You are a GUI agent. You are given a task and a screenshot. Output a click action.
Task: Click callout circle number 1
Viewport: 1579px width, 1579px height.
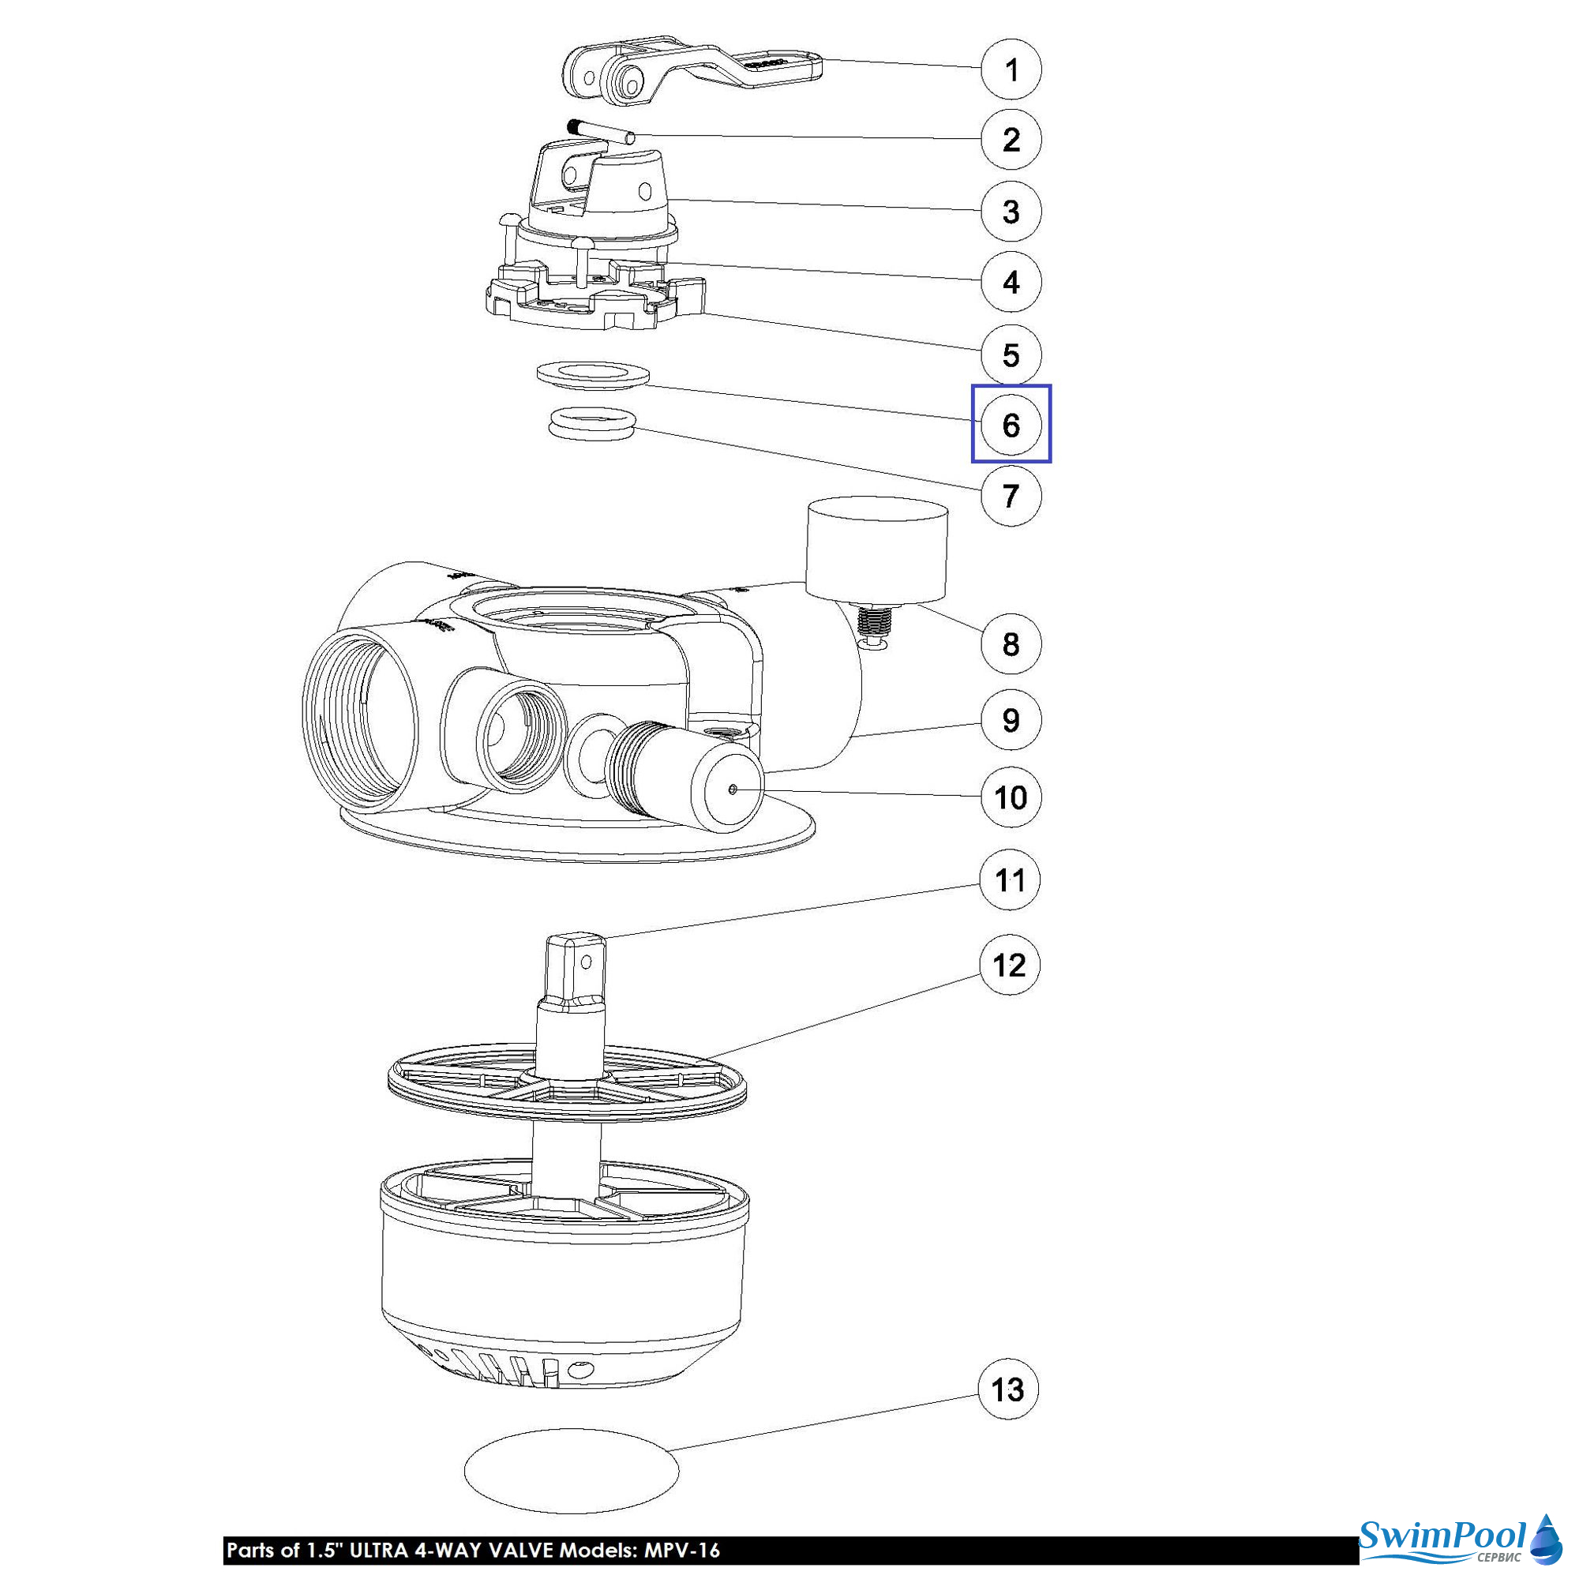(1011, 69)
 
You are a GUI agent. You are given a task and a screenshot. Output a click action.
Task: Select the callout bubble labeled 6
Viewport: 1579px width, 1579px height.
(1011, 424)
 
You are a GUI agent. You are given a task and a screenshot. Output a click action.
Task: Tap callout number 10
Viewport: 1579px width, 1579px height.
(1011, 797)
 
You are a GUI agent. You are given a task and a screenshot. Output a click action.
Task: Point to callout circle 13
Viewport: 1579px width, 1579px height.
(1008, 1390)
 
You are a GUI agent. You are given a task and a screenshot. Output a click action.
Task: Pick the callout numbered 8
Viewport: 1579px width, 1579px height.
(1011, 644)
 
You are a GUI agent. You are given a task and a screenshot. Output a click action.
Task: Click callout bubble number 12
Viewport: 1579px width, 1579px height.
(1009, 965)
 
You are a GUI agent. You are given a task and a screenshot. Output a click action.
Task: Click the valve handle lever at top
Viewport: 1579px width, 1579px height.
(691, 75)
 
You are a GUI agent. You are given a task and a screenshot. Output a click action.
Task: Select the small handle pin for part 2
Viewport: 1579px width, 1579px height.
(601, 133)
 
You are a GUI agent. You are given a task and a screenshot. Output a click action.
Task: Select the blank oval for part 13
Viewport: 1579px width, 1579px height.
(572, 1471)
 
